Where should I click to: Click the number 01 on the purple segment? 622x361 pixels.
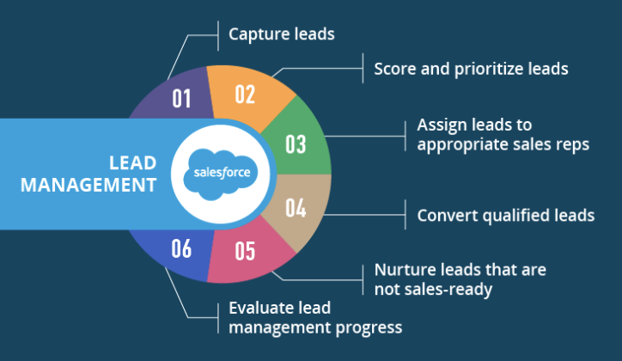[x=181, y=98]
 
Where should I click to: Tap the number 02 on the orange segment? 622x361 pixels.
[x=245, y=95]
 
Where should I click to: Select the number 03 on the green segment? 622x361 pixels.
[x=296, y=144]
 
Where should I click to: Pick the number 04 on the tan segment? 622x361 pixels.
[x=296, y=207]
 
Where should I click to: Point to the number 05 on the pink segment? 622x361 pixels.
[x=245, y=251]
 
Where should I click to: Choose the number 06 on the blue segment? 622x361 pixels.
[x=181, y=248]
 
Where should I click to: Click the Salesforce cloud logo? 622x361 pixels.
[x=221, y=174]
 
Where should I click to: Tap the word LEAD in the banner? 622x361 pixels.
[x=133, y=163]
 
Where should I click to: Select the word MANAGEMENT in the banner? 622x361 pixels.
[x=88, y=186]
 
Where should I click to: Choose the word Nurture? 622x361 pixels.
[x=400, y=270]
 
